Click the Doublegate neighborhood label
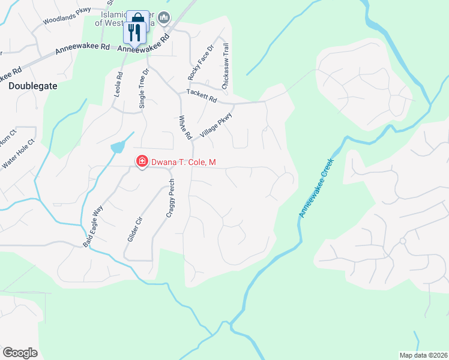33,86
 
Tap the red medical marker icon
142,161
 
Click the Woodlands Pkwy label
66,17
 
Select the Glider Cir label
134,229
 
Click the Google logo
20,352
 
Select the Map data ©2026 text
423,355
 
